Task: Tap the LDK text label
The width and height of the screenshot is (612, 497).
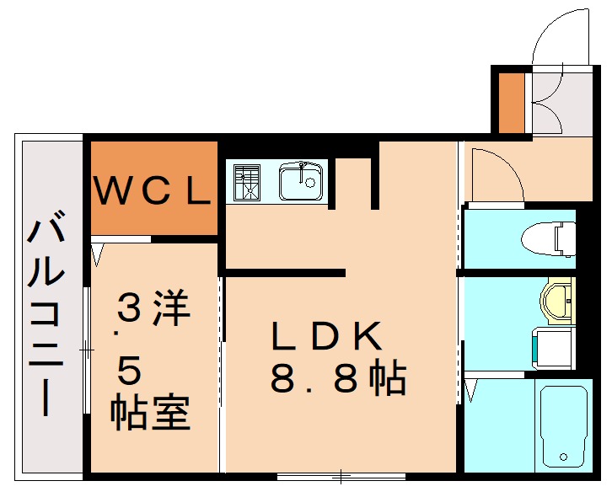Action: point(327,337)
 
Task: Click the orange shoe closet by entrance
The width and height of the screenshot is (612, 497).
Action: point(511,103)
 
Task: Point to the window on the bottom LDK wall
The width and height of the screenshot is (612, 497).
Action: point(341,477)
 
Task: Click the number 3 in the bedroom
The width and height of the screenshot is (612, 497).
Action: point(129,309)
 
